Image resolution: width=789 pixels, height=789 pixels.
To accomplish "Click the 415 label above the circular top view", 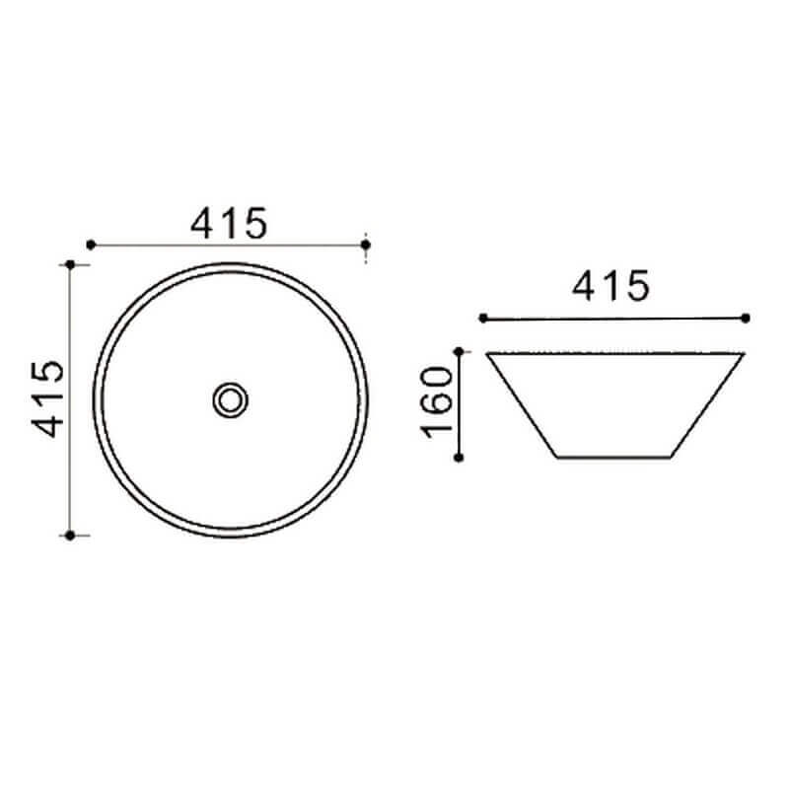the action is (x=229, y=224).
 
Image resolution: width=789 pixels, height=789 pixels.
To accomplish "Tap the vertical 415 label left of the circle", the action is (x=48, y=399).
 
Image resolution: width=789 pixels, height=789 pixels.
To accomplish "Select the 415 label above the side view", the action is (x=610, y=286).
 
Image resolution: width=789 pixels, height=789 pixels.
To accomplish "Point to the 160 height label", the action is (x=437, y=402).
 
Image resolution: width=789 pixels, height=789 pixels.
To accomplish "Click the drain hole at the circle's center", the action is (x=231, y=400).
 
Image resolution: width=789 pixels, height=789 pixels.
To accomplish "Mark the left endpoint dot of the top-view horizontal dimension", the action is (x=91, y=245).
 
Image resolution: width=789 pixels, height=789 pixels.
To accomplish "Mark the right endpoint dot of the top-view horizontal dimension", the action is (x=366, y=245).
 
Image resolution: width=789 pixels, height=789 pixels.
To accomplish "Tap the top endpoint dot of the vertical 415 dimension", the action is (x=70, y=264).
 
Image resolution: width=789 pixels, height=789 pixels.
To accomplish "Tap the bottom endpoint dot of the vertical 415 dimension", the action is (x=70, y=536).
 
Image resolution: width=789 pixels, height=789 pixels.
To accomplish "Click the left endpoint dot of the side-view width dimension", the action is (x=483, y=318).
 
